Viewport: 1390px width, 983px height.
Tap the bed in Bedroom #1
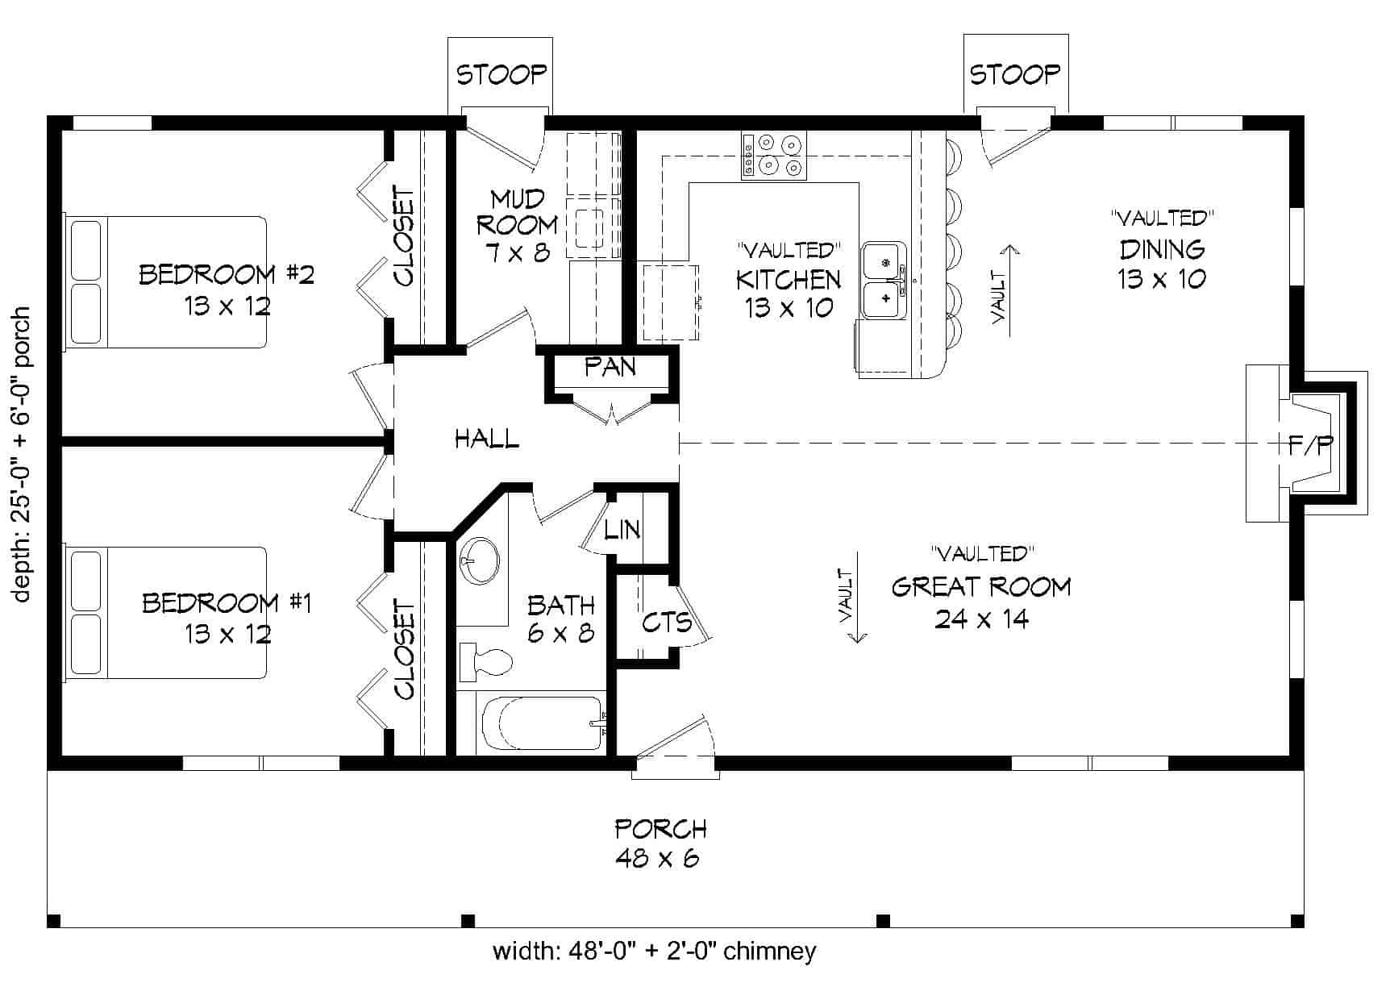pyautogui.click(x=165, y=613)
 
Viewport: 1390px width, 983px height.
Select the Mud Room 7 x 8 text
pyautogui.click(x=517, y=226)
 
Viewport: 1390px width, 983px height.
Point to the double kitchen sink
pyautogui.click(x=884, y=279)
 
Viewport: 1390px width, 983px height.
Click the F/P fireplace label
pyautogui.click(x=1310, y=445)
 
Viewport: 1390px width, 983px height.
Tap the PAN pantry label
pyautogui.click(x=610, y=368)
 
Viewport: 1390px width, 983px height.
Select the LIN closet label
pyautogui.click(x=622, y=530)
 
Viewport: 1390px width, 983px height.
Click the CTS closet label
pyautogui.click(x=666, y=622)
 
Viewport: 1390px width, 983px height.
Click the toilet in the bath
pyautogui.click(x=486, y=662)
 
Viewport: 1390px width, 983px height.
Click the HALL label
pyautogui.click(x=486, y=439)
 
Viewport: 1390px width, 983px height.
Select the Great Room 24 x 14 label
pyautogui.click(x=981, y=602)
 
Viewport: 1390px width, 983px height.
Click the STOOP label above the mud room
pyautogui.click(x=501, y=75)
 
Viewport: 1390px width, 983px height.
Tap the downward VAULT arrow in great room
pyautogui.click(x=856, y=597)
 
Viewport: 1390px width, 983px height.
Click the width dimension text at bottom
pyautogui.click(x=654, y=952)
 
